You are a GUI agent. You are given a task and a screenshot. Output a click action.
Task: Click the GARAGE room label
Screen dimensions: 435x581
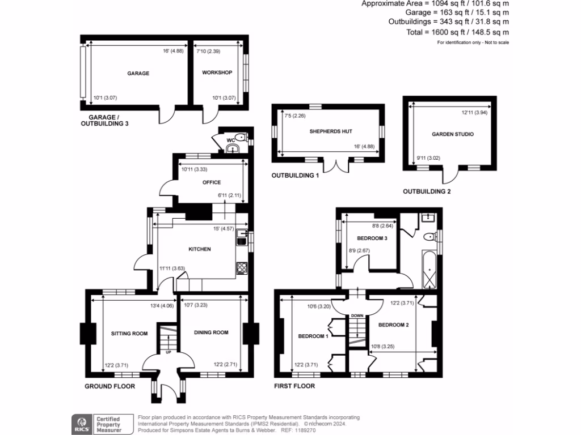(x=138, y=73)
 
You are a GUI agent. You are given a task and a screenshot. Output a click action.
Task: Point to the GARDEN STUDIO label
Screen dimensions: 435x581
(x=452, y=134)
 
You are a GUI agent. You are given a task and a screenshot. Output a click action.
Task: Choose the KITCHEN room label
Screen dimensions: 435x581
(x=199, y=249)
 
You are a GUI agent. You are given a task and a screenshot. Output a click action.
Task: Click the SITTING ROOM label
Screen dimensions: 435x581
(x=129, y=333)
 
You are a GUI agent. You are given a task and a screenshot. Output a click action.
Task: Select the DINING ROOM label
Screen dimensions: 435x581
(x=211, y=332)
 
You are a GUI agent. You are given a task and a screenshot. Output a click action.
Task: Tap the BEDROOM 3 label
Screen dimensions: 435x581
(x=372, y=238)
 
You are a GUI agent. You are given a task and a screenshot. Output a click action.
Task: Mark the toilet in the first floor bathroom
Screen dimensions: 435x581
(x=429, y=236)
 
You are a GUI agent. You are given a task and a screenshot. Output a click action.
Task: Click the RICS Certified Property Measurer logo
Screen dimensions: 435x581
(x=100, y=424)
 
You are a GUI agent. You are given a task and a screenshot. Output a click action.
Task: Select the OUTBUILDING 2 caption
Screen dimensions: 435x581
(x=427, y=191)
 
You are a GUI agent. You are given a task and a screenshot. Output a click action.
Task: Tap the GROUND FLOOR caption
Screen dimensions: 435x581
(x=110, y=386)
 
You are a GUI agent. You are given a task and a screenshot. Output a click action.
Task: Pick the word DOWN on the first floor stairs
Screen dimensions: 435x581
(x=357, y=315)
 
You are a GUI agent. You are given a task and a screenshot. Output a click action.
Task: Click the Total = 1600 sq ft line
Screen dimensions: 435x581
(x=457, y=32)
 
